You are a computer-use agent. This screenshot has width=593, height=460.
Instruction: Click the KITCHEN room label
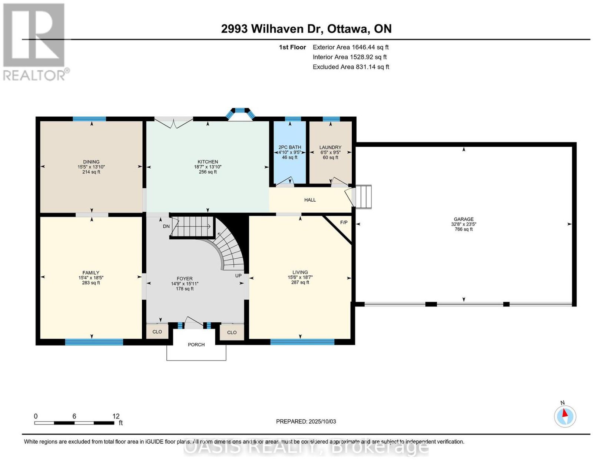coord(208,162)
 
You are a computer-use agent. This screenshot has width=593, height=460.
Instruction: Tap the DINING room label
coord(91,162)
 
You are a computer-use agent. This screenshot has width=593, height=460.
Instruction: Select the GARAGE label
coord(463,219)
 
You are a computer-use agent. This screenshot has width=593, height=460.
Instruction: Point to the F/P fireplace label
coord(344,222)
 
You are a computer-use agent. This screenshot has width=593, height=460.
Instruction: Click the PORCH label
coord(196,345)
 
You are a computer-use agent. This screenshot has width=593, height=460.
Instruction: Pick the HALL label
coord(310,200)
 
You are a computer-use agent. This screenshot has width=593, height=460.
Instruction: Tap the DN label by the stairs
coord(166,226)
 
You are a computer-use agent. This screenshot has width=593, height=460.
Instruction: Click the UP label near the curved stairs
coord(238,276)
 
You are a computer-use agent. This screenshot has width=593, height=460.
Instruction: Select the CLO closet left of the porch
coord(157,332)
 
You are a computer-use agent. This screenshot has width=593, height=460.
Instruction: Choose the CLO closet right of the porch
coord(232,332)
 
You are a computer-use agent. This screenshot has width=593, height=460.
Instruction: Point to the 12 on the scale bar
coord(116,416)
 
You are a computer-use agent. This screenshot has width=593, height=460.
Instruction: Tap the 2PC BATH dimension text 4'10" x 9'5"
coord(289,152)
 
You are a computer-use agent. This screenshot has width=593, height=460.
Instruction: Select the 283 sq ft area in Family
coord(91,283)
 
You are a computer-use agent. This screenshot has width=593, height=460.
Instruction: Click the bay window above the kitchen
coord(240,114)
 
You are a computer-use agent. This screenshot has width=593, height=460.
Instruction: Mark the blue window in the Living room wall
coord(302,342)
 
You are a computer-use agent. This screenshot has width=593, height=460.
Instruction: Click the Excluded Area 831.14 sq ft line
coord(351,67)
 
